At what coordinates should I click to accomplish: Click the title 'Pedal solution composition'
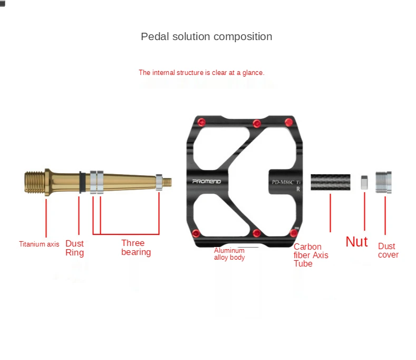[206, 37]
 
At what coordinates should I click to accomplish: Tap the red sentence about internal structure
[201, 73]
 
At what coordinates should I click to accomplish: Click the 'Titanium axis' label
[39, 244]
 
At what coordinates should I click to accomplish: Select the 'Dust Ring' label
[74, 248]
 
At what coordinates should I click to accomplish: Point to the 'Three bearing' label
[136, 248]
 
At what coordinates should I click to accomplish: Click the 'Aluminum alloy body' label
[229, 254]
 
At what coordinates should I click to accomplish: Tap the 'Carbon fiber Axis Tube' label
[311, 255]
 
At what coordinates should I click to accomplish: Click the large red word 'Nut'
[356, 242]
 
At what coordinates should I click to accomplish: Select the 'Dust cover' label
[388, 250]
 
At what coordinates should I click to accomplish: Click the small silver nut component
[364, 182]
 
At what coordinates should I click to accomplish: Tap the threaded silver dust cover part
[383, 182]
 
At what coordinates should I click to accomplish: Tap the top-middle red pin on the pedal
[257, 124]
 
